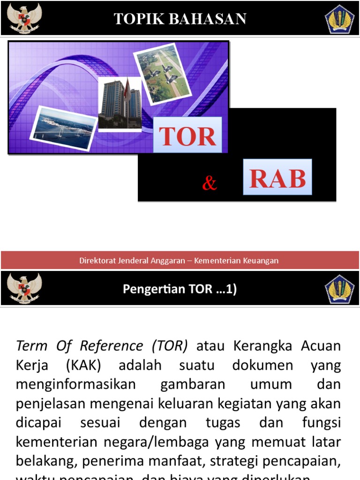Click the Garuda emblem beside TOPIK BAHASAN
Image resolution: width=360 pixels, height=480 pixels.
[x=23, y=18]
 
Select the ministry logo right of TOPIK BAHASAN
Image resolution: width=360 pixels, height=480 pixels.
[x=339, y=19]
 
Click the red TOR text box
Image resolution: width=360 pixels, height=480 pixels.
[x=187, y=135]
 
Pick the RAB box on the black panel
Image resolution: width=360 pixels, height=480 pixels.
[x=277, y=177]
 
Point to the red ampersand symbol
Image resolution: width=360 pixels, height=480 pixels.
[x=210, y=183]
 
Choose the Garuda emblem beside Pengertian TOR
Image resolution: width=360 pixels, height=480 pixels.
[x=23, y=288]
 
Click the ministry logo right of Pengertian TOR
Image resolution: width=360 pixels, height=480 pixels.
[x=339, y=289]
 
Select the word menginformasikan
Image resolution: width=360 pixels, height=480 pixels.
[x=75, y=384]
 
